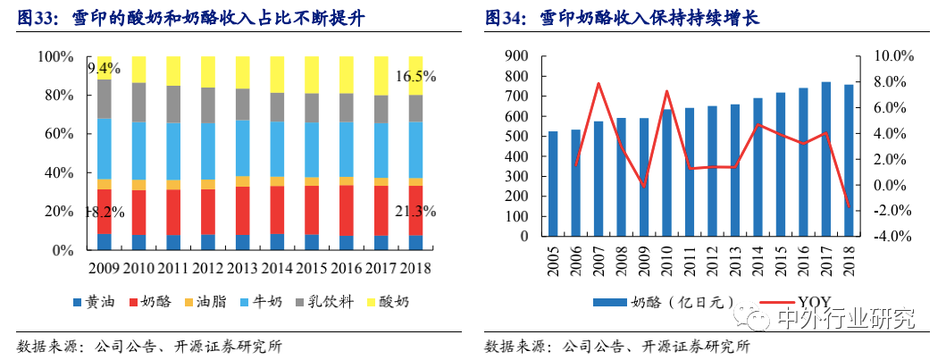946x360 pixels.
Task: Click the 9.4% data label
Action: click(104, 69)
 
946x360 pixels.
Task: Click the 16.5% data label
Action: click(415, 77)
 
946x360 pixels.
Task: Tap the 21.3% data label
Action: click(414, 212)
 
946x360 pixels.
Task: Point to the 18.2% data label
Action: click(104, 212)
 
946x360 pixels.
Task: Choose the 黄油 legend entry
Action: click(92, 302)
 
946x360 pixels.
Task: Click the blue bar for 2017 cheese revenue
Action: click(826, 160)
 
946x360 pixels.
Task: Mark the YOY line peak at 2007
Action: click(598, 84)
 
